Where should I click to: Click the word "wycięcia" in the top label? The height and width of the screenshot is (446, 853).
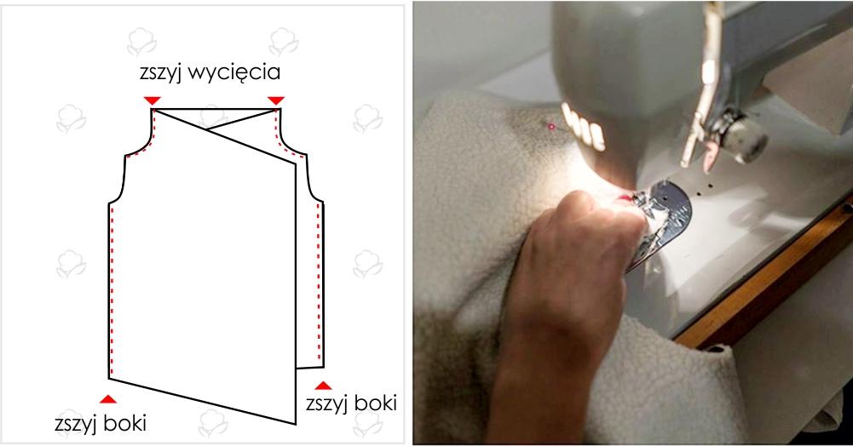pos(234,73)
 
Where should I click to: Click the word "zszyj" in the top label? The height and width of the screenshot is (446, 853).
pos(160,73)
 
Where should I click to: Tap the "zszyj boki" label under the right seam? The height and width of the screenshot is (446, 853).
pos(351,403)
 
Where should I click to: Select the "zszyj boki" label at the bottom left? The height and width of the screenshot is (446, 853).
pos(101,423)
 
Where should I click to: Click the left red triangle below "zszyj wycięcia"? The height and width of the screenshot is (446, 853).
pos(153,100)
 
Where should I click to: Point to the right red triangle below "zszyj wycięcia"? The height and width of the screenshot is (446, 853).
pos(276,100)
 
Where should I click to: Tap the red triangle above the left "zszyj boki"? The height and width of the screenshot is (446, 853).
pos(108,399)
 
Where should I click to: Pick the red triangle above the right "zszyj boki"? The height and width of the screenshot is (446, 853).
pos(323,386)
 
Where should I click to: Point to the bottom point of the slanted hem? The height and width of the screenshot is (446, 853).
pos(296,424)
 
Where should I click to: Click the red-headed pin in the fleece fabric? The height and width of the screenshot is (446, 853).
pos(551,126)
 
